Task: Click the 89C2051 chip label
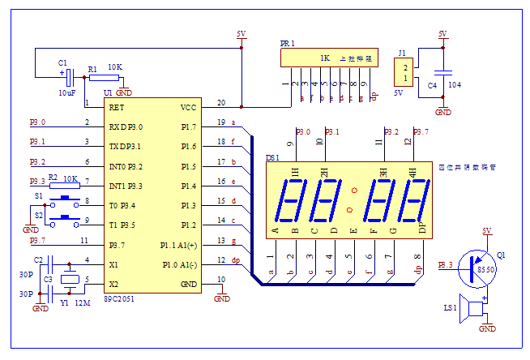point(120,299)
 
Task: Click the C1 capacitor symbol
point(71,77)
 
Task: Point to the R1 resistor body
point(105,78)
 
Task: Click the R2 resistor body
point(70,184)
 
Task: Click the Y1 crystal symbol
point(71,281)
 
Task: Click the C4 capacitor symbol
point(442,71)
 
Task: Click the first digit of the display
point(289,200)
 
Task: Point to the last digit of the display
point(415,200)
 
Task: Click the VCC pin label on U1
point(187,107)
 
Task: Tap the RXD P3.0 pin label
point(126,126)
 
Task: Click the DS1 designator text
point(272,158)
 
